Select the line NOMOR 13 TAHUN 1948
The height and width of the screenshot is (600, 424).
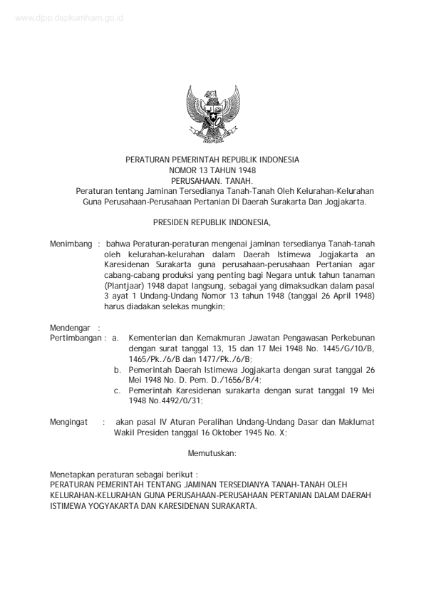[x=212, y=171]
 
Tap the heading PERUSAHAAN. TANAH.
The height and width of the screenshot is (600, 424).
[x=212, y=181]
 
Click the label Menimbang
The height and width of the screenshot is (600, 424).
[x=71, y=244]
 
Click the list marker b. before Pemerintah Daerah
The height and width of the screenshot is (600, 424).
[x=118, y=371]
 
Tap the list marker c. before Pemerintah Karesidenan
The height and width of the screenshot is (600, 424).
[x=118, y=391]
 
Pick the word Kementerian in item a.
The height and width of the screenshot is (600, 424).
[x=155, y=337]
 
